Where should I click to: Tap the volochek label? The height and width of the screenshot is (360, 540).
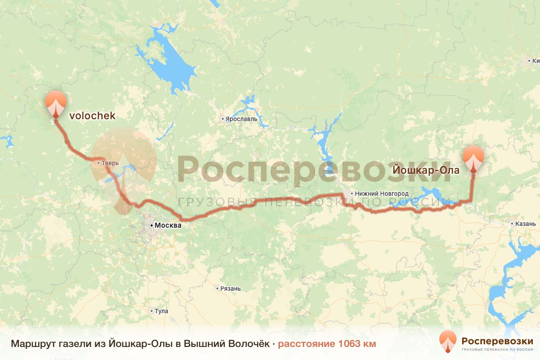click(92, 116)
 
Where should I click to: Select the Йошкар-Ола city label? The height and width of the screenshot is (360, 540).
click(426, 171)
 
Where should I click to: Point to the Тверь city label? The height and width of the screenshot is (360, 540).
click(110, 163)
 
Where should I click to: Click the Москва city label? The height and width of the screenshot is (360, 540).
click(167, 225)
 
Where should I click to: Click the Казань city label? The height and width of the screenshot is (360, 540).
click(526, 223)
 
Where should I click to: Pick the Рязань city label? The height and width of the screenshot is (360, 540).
click(231, 288)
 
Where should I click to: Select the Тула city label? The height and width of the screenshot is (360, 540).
click(161, 311)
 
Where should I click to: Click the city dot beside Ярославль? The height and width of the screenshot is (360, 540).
click(222, 119)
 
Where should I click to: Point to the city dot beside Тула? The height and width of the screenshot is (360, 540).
click(152, 311)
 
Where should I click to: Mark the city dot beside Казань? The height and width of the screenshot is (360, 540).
click(513, 223)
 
